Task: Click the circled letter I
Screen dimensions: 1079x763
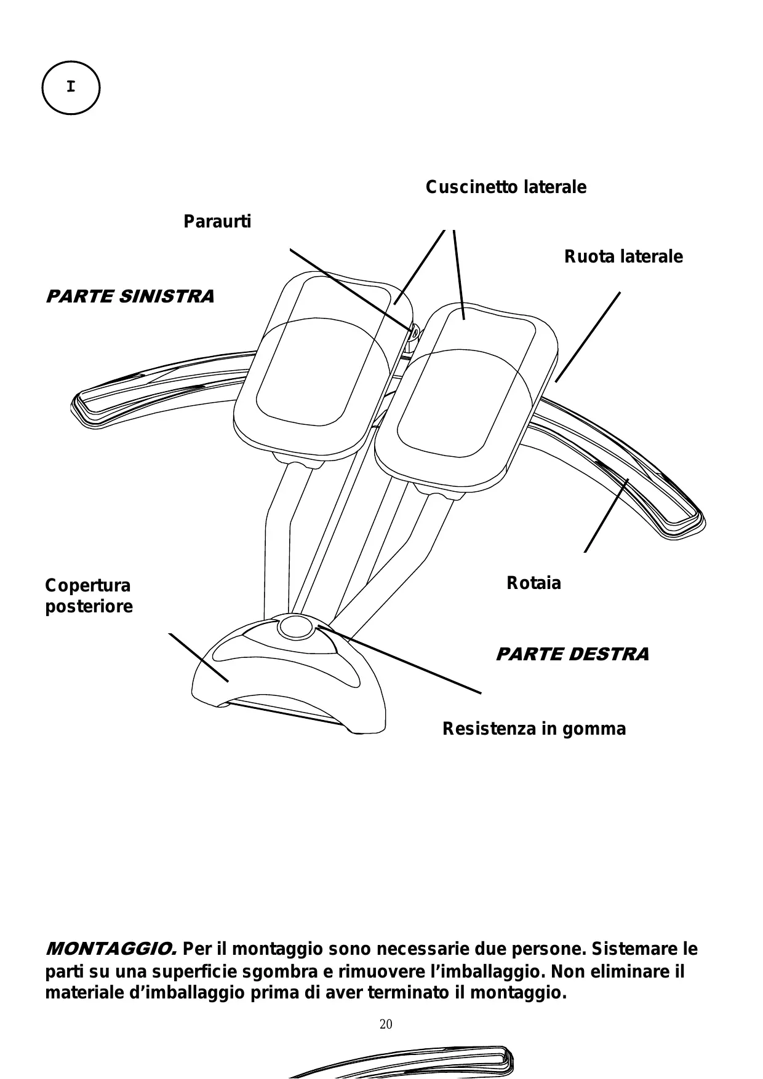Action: click(71, 87)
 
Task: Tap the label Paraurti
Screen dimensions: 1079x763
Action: click(217, 221)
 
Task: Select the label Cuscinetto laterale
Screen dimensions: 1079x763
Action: click(506, 187)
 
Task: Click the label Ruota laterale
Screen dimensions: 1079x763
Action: click(623, 256)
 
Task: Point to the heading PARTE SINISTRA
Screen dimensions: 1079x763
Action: click(130, 296)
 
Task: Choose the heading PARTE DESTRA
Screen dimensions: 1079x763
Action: click(572, 654)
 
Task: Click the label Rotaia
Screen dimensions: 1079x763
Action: click(533, 583)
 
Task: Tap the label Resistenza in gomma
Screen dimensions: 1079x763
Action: click(534, 729)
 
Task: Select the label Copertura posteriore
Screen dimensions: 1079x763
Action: click(89, 596)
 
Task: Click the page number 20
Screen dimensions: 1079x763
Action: click(386, 1024)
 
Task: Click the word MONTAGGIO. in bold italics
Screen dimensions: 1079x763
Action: click(111, 949)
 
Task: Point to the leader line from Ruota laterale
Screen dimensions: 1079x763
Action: click(588, 337)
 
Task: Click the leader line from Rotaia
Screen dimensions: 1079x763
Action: click(606, 515)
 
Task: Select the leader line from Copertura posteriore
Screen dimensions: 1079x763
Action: click(198, 657)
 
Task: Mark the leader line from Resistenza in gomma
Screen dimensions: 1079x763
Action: click(400, 660)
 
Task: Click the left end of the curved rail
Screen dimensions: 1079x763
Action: click(83, 406)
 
